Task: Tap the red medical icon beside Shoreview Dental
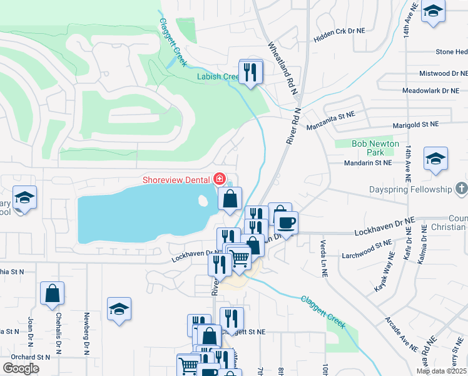tap(220, 179)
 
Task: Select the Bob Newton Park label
tap(375, 148)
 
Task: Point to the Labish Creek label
tap(218, 77)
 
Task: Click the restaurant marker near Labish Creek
tap(251, 71)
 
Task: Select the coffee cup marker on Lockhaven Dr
tap(287, 222)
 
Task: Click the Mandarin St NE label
tap(369, 162)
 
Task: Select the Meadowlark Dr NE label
tap(430, 91)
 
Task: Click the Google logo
tap(21, 368)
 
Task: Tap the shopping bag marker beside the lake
tap(230, 199)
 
